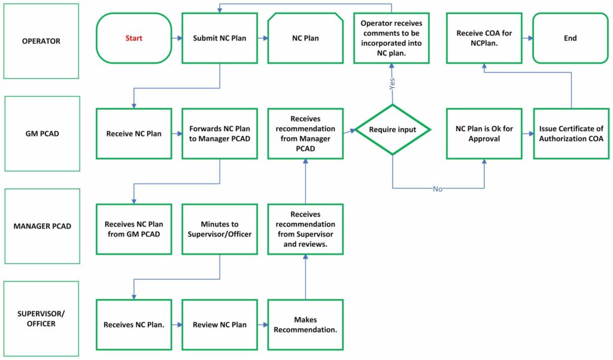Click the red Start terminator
133,38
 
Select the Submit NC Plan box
220,38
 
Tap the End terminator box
570,38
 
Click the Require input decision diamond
392,129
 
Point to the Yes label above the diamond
392,84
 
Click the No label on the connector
438,189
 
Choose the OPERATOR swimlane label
41,41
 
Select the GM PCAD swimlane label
41,134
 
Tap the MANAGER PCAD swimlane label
42,226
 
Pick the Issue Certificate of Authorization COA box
571,134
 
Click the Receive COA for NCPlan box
484,38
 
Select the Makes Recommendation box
305,325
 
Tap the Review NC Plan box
220,325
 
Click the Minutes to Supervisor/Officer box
220,229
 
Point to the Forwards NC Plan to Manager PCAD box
220,134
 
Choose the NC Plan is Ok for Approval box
484,134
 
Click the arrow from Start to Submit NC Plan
176,38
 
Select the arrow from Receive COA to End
527,38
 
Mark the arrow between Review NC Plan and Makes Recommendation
262,325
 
